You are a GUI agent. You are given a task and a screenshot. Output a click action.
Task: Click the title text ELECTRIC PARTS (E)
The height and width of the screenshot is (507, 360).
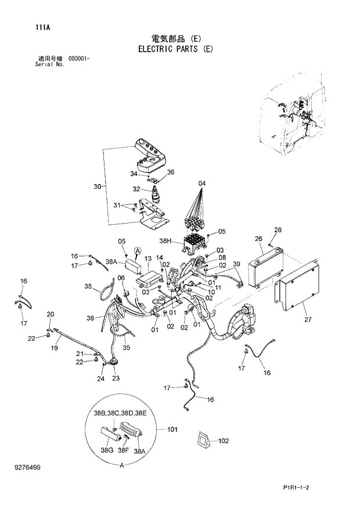coord(175,49)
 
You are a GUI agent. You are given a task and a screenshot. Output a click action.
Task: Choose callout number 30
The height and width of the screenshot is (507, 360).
coord(97,186)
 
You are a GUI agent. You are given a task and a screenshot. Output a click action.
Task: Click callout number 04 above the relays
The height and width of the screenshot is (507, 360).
coord(202,184)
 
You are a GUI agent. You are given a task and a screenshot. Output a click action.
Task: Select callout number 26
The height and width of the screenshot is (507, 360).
coord(258,239)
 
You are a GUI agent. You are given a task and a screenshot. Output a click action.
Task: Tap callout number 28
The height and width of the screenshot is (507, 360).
coord(278,230)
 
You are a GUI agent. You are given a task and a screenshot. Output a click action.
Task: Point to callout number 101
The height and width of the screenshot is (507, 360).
coord(172,430)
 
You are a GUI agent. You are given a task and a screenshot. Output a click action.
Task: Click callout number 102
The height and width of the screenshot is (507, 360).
coord(224,441)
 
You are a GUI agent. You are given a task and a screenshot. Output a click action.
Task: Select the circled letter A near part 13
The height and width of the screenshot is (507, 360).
coord(138,250)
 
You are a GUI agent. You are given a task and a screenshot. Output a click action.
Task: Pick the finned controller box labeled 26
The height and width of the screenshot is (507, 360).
coord(265,267)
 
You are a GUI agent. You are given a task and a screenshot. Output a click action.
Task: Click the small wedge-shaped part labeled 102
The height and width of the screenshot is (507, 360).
coord(204,441)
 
